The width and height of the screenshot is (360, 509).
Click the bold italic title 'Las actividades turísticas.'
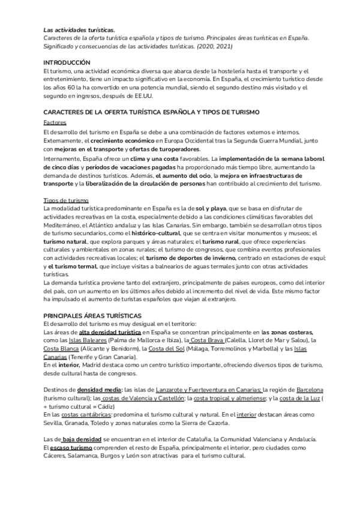coord(79,29)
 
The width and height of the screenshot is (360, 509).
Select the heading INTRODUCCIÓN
coord(66,62)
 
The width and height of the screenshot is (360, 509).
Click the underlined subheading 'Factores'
coord(55,121)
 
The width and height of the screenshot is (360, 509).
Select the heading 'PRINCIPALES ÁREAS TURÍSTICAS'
coord(92,315)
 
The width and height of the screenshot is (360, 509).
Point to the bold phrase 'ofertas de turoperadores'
coord(165,149)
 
